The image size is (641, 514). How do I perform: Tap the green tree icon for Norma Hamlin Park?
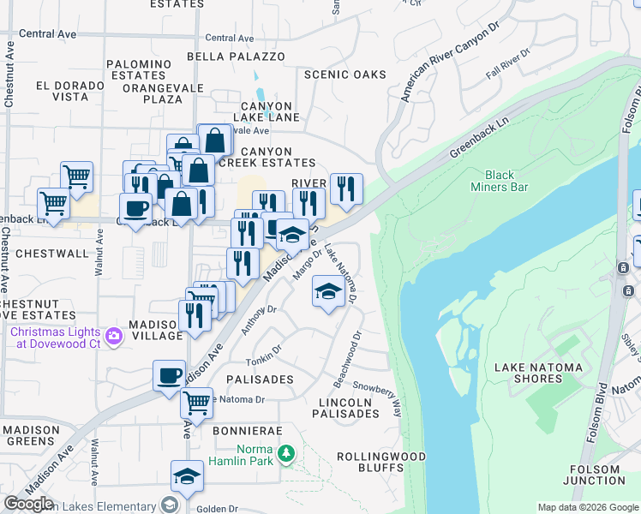[289, 451]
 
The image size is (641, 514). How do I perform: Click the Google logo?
[28, 504]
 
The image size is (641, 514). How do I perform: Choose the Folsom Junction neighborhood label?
[595, 475]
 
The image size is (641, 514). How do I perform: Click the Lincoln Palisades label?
[348, 408]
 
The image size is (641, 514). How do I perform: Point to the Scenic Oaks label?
[345, 75]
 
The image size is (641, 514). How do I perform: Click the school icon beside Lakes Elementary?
[187, 477]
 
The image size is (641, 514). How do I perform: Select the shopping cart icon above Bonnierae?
[197, 402]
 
